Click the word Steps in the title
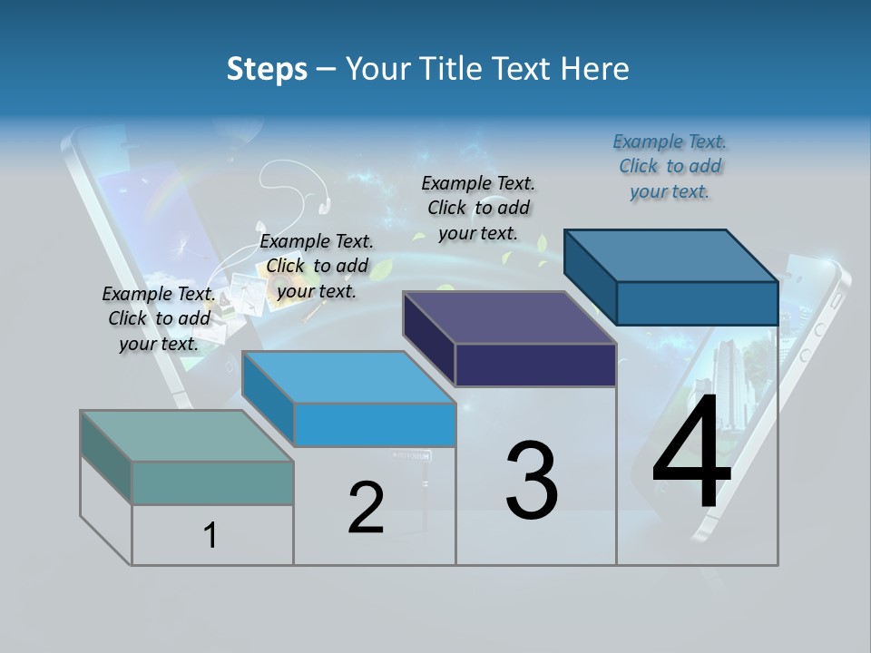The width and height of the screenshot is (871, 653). click(x=266, y=69)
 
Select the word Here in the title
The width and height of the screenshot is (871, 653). click(x=596, y=69)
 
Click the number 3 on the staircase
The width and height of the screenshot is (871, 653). click(x=532, y=481)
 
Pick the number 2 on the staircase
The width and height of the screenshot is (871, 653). click(x=366, y=508)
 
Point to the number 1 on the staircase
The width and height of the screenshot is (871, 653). click(x=210, y=535)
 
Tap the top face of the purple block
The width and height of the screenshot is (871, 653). click(x=509, y=317)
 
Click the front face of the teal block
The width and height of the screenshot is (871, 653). click(x=212, y=482)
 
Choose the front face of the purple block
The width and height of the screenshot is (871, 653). click(x=535, y=365)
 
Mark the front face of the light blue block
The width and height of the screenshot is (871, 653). click(x=374, y=424)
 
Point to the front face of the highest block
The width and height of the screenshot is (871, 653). click(x=697, y=302)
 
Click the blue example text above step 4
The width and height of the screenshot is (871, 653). click(x=670, y=166)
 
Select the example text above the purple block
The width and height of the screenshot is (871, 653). click(x=478, y=208)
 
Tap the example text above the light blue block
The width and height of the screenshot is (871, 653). click(x=317, y=266)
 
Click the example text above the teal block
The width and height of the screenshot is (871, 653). click(x=159, y=318)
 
